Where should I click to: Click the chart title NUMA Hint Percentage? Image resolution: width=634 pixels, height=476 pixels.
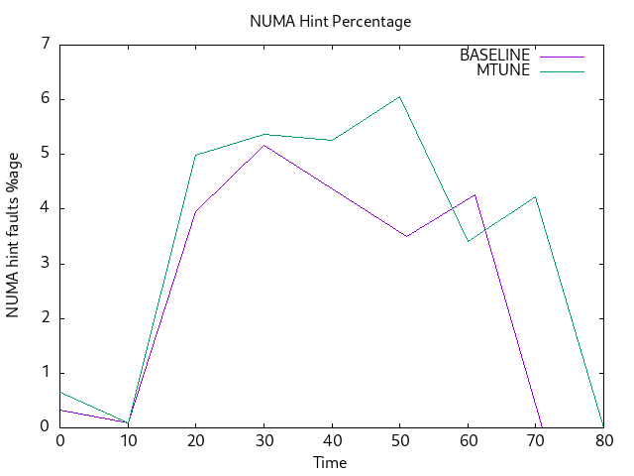(330, 21)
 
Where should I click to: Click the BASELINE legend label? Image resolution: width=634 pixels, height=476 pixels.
(494, 56)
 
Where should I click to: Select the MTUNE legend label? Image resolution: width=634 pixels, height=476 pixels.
(503, 69)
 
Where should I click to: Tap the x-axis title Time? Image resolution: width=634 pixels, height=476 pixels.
(330, 462)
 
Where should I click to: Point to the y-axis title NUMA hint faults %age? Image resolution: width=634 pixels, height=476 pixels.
(13, 235)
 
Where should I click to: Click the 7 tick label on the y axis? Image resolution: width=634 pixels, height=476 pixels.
(45, 44)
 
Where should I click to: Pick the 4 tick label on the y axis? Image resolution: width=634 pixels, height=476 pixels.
(45, 208)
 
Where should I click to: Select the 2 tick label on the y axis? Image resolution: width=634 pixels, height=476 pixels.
(45, 318)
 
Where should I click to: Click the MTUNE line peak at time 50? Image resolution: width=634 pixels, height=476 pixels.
(399, 96)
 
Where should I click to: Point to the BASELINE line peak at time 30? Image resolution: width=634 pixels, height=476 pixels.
(264, 145)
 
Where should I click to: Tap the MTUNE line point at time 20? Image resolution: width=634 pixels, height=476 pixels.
(196, 155)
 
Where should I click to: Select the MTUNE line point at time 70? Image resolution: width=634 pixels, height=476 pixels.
(535, 196)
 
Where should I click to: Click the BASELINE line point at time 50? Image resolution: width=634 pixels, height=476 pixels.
(406, 236)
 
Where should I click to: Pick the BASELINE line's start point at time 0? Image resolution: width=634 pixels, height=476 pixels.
(60, 410)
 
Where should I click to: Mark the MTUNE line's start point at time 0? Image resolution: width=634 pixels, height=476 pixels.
(60, 392)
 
